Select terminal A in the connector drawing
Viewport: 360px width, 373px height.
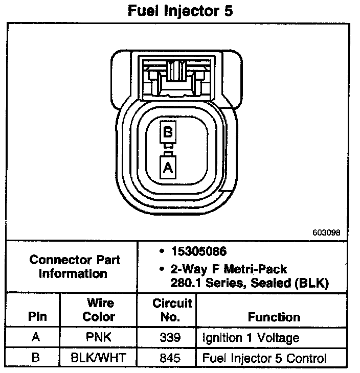[x=168, y=166]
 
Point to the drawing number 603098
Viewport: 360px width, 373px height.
[x=326, y=232]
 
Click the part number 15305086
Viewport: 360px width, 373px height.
[x=199, y=252]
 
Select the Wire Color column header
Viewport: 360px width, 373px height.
[x=99, y=310]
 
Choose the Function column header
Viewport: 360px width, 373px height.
[x=274, y=317]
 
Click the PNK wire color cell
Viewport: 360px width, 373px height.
[x=99, y=338]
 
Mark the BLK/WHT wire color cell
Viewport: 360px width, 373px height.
[x=99, y=358]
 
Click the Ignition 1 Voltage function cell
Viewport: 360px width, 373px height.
[x=251, y=338]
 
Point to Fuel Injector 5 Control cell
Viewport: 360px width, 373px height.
[x=264, y=358]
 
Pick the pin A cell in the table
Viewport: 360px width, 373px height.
[x=35, y=338]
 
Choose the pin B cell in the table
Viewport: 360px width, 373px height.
[x=35, y=358]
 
